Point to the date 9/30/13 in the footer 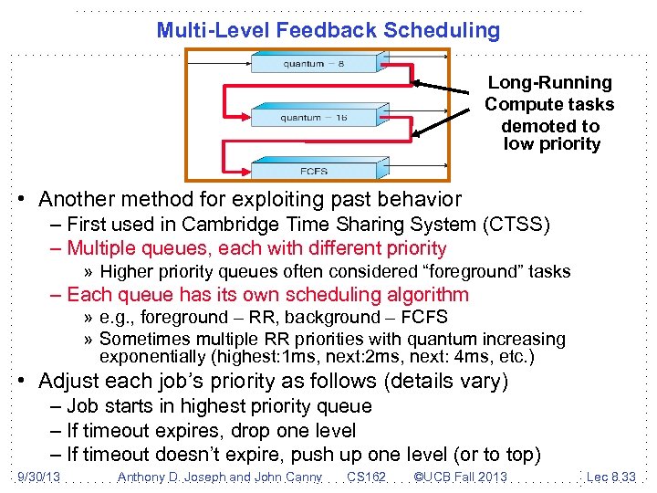tap(37, 477)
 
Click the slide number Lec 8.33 tap(610, 477)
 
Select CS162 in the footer tap(367, 477)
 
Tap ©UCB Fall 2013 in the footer tap(460, 477)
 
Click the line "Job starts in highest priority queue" tap(219, 406)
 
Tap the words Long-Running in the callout tap(549, 83)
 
